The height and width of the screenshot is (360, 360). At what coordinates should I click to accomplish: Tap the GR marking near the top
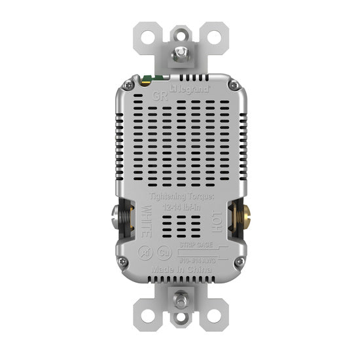[159, 95]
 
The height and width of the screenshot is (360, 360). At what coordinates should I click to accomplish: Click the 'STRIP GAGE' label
[200, 243]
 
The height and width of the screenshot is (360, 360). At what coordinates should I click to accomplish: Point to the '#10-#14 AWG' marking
[200, 257]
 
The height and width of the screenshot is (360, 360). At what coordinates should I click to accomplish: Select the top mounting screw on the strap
[179, 48]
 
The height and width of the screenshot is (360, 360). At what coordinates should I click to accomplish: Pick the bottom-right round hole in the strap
[211, 318]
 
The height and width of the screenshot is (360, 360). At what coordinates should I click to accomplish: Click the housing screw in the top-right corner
[234, 85]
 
